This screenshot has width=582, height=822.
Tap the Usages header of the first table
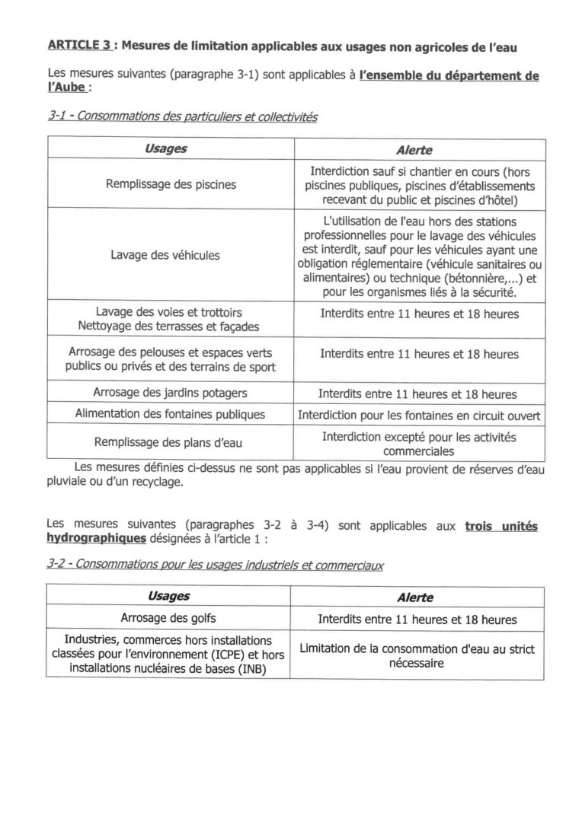[165, 149]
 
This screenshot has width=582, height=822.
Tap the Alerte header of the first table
[414, 151]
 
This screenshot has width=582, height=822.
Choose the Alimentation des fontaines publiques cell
[170, 414]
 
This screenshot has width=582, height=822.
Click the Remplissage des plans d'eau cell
[168, 441]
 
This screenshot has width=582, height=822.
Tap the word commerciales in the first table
[418, 451]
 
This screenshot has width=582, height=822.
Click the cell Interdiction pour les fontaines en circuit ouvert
[418, 416]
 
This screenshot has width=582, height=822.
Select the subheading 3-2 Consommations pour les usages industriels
[216, 566]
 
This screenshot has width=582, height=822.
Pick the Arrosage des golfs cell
[168, 617]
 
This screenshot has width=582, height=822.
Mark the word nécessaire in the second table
[417, 663]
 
